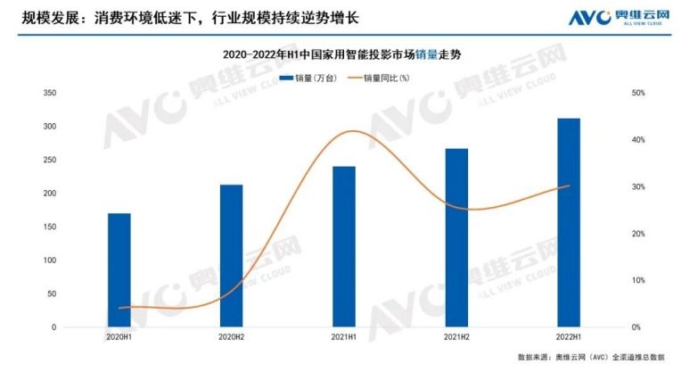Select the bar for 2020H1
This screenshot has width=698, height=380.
pyautogui.click(x=119, y=270)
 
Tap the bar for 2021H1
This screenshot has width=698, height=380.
pyautogui.click(x=344, y=247)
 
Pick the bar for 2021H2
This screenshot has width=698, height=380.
pyautogui.click(x=456, y=238)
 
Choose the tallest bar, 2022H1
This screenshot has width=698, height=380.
pyautogui.click(x=569, y=223)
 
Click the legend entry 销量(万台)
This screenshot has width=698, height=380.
pyautogui.click(x=308, y=78)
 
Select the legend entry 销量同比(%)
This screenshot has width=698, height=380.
pyautogui.click(x=385, y=78)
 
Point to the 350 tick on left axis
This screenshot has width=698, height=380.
pyautogui.click(x=49, y=93)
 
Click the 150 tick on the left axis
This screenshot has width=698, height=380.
pyautogui.click(x=49, y=227)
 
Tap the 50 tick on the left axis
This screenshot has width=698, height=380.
pyautogui.click(x=51, y=293)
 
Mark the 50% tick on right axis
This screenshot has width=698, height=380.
pyautogui.click(x=637, y=93)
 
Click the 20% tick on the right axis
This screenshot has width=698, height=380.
pyautogui.click(x=637, y=234)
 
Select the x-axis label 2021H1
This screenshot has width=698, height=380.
pyautogui.click(x=344, y=337)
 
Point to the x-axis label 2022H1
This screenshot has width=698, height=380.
pyautogui.click(x=569, y=337)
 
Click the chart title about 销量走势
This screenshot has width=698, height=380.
pyautogui.click(x=348, y=55)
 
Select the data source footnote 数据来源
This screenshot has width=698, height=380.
pyautogui.click(x=591, y=358)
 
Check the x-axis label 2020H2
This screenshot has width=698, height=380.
pyautogui.click(x=231, y=337)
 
